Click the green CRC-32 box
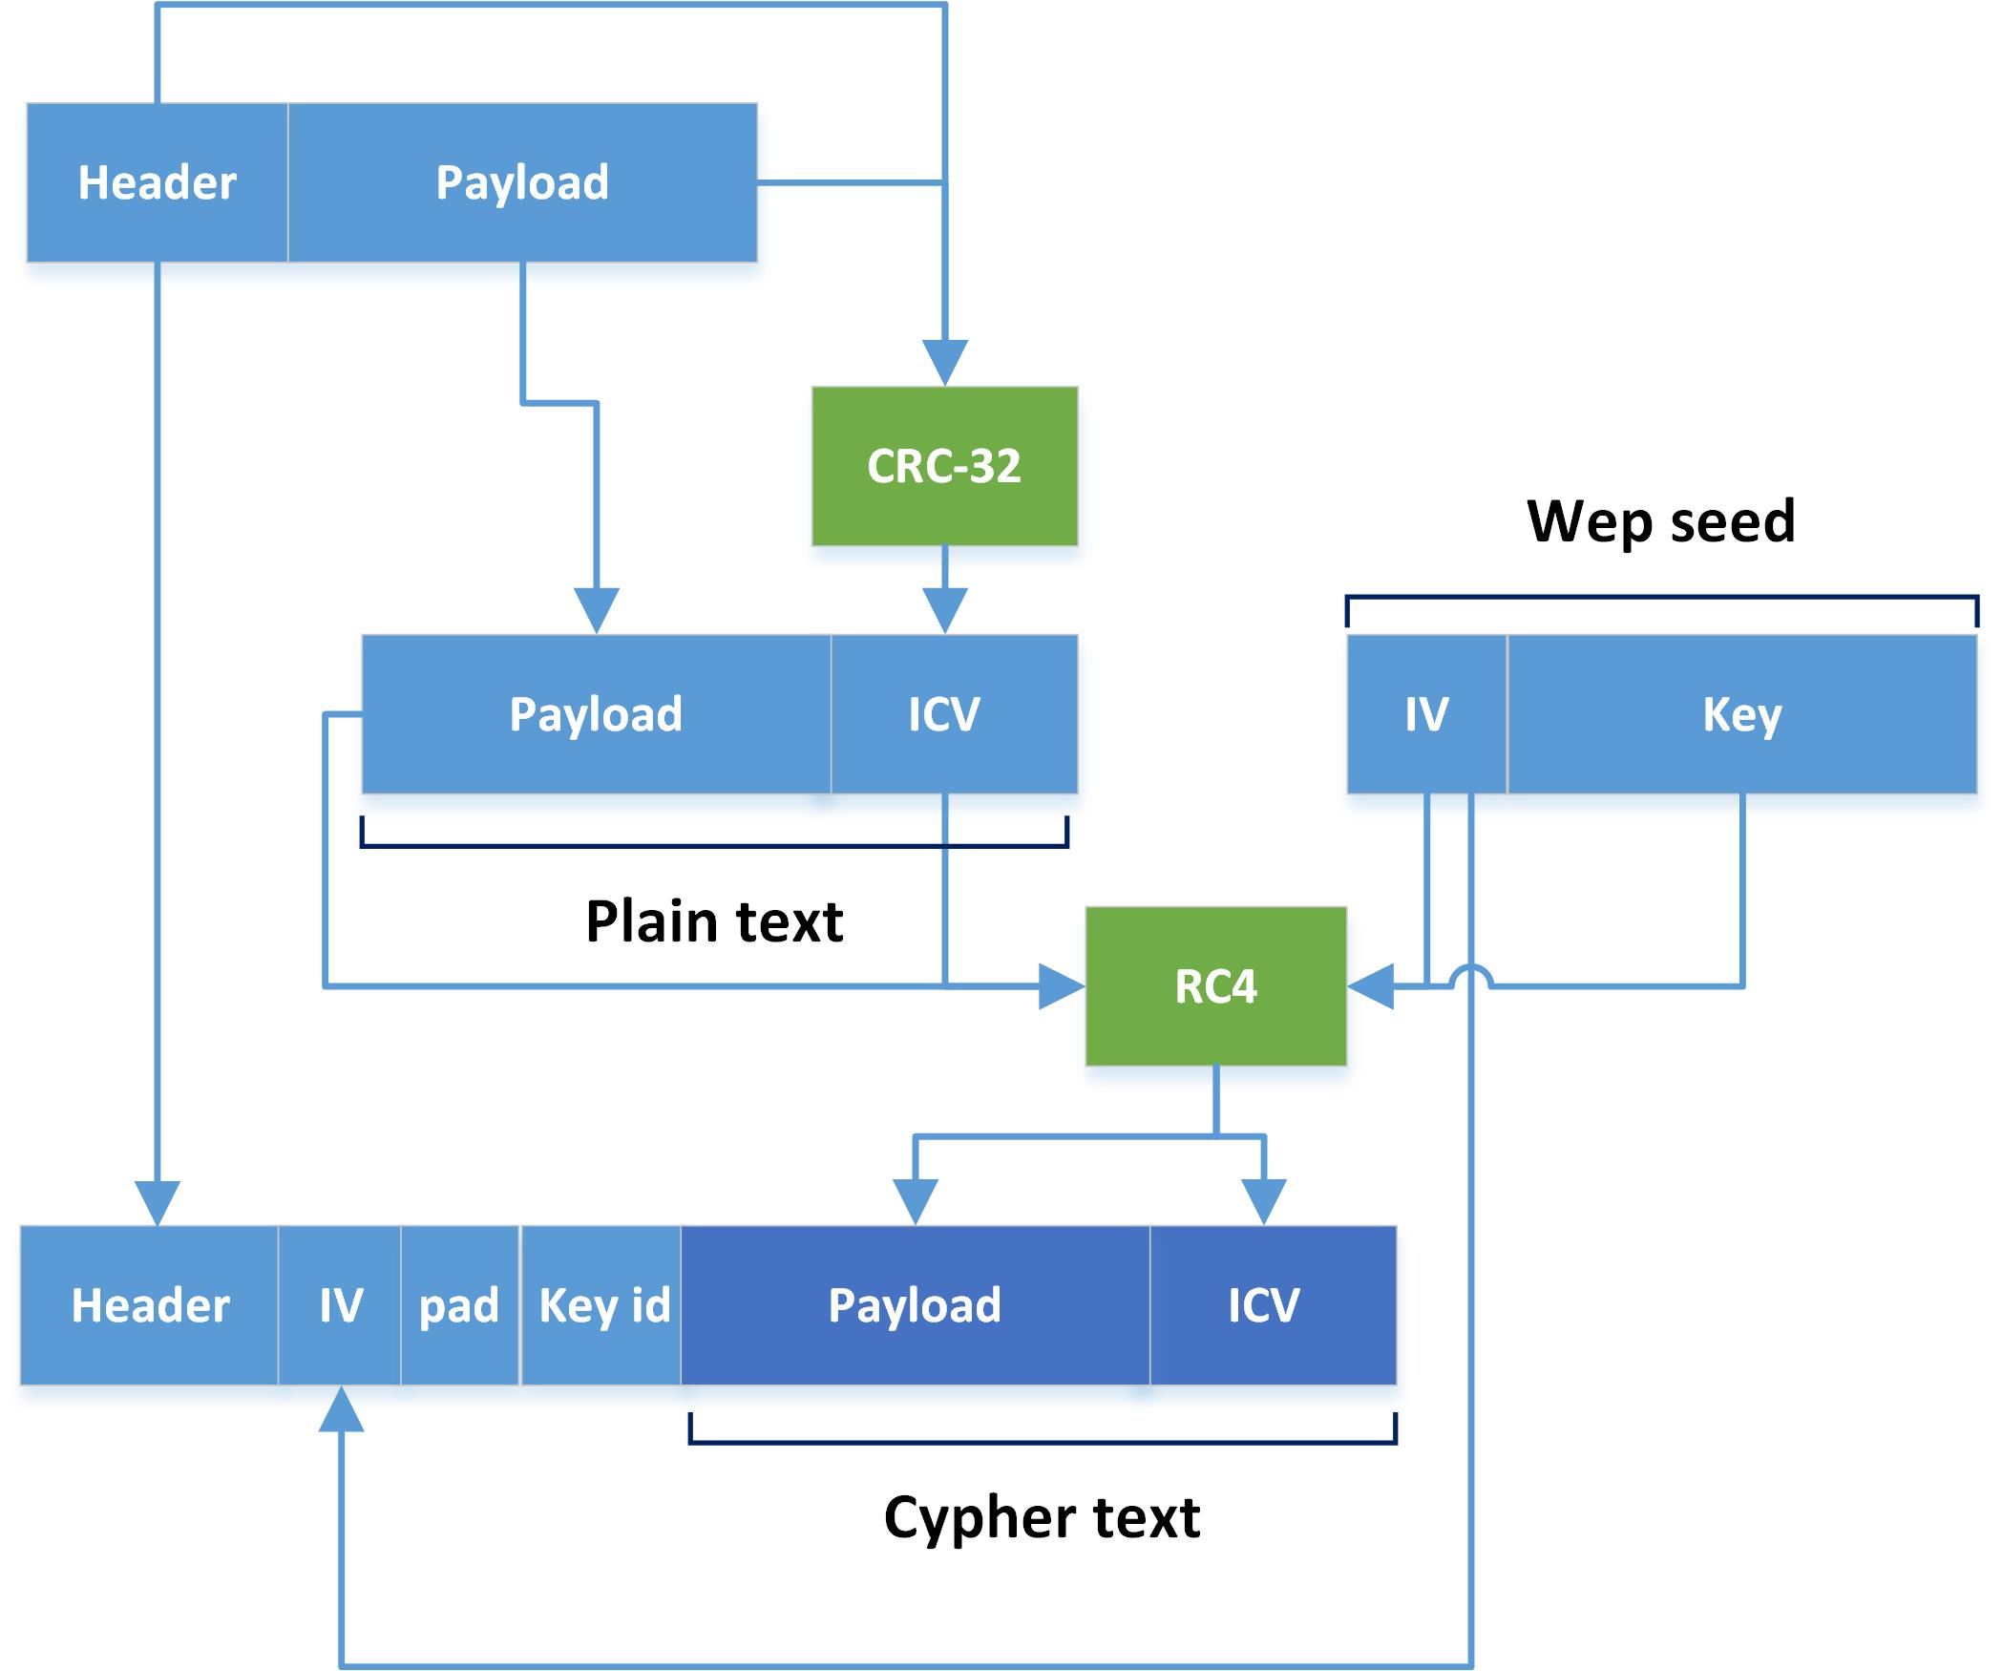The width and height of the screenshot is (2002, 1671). [944, 466]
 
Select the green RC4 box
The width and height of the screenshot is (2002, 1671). [1215, 986]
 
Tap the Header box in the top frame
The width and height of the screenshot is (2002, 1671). [158, 182]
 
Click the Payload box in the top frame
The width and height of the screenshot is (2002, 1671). [522, 182]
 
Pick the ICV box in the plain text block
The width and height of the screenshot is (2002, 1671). [954, 714]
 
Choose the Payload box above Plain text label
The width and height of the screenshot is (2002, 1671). [596, 714]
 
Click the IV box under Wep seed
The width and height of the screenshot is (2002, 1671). [1426, 714]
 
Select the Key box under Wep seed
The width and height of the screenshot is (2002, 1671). [1741, 714]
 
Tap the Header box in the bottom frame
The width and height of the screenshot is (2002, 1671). [150, 1305]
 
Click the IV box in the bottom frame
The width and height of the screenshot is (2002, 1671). [340, 1305]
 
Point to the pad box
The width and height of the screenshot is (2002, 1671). [459, 1305]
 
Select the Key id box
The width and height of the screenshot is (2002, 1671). [602, 1305]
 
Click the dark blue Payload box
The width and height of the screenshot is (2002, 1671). [915, 1305]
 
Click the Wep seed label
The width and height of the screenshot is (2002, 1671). [1661, 521]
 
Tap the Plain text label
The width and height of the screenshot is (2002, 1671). [714, 921]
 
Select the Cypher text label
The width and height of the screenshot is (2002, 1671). [1042, 1517]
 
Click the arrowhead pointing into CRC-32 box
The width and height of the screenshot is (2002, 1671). [944, 364]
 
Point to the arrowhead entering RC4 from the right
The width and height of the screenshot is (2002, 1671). [1371, 986]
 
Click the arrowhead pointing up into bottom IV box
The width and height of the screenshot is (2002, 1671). [341, 1410]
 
